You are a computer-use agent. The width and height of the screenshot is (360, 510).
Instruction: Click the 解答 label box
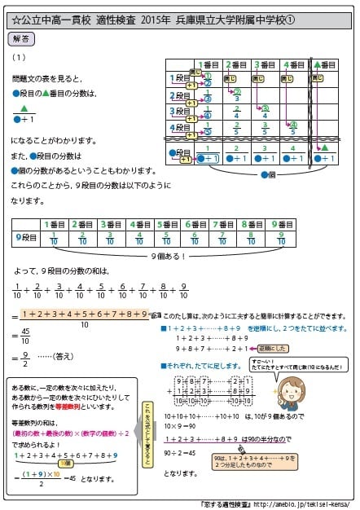pyautogui.click(x=23, y=38)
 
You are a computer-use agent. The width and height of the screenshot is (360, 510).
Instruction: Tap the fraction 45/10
pyautogui.click(x=25, y=336)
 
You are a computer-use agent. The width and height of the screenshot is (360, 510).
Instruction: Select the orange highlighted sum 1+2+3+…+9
pyautogui.click(x=85, y=314)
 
